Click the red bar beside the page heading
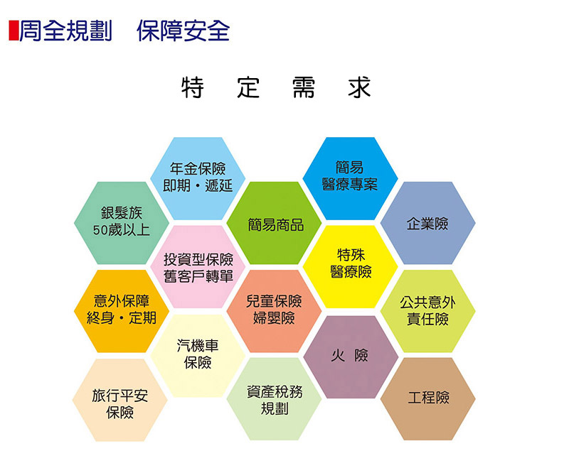14,31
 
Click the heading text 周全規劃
65,31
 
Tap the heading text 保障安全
184,31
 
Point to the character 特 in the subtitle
193,87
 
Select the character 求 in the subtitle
359,87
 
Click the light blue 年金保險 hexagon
198,178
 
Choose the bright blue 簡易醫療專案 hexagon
350,178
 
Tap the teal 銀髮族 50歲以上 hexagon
122,223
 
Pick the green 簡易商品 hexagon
274,223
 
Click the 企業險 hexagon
428,223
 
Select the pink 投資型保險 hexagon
198,267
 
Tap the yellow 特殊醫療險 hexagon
350,267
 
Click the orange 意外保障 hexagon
122,311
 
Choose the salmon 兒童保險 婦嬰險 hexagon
274,311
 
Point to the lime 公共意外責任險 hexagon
428,311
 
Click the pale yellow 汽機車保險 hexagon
198,355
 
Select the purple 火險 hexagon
351,357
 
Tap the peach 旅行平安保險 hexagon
120,400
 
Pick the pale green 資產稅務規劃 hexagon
274,399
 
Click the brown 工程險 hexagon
428,399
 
